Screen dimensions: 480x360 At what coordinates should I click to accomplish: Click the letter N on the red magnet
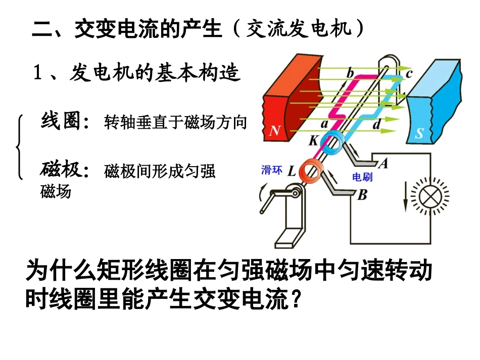tap(274, 130)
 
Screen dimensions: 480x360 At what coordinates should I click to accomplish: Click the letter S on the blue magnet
tap(419, 133)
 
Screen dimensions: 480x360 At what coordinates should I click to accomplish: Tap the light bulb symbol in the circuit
tap(430, 196)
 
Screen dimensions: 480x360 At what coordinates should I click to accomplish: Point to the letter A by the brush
tap(383, 163)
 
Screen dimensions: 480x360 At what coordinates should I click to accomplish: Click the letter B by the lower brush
tap(362, 195)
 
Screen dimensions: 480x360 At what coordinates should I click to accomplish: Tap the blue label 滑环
tap(271, 170)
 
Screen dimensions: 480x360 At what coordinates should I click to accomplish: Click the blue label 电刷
tap(362, 177)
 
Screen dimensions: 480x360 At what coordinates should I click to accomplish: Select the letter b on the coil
tap(350, 73)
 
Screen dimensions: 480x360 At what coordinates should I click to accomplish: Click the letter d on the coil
tap(377, 124)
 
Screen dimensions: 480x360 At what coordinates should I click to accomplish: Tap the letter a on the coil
tap(324, 124)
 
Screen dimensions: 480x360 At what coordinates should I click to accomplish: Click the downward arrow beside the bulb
tap(406, 196)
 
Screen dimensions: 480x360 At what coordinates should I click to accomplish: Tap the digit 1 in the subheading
tap(37, 73)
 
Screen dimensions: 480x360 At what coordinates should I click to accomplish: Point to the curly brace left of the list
tap(19, 147)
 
